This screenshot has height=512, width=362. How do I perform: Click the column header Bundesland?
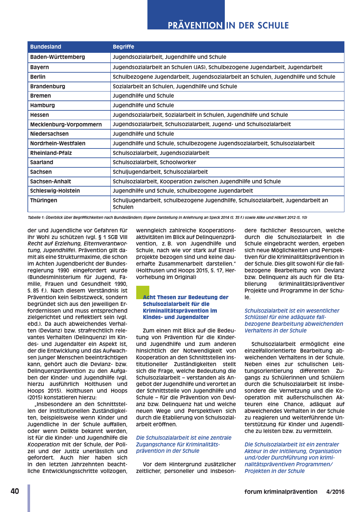45,47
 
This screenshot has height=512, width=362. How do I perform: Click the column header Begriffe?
123,47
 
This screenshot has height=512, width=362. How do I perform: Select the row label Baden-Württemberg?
58,57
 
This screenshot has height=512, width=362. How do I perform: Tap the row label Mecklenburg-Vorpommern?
66,124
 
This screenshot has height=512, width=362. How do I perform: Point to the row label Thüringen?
43,200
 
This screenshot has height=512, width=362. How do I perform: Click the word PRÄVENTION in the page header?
195,26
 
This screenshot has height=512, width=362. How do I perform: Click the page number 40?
15,492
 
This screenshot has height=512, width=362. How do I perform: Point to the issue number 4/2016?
335,492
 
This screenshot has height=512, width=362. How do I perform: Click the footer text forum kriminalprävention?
281,492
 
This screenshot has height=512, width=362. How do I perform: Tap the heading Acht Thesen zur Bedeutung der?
185,297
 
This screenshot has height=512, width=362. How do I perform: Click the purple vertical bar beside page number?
29,498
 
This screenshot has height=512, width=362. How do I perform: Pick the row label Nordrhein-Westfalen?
58,143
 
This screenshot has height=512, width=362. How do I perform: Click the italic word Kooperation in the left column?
43,444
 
